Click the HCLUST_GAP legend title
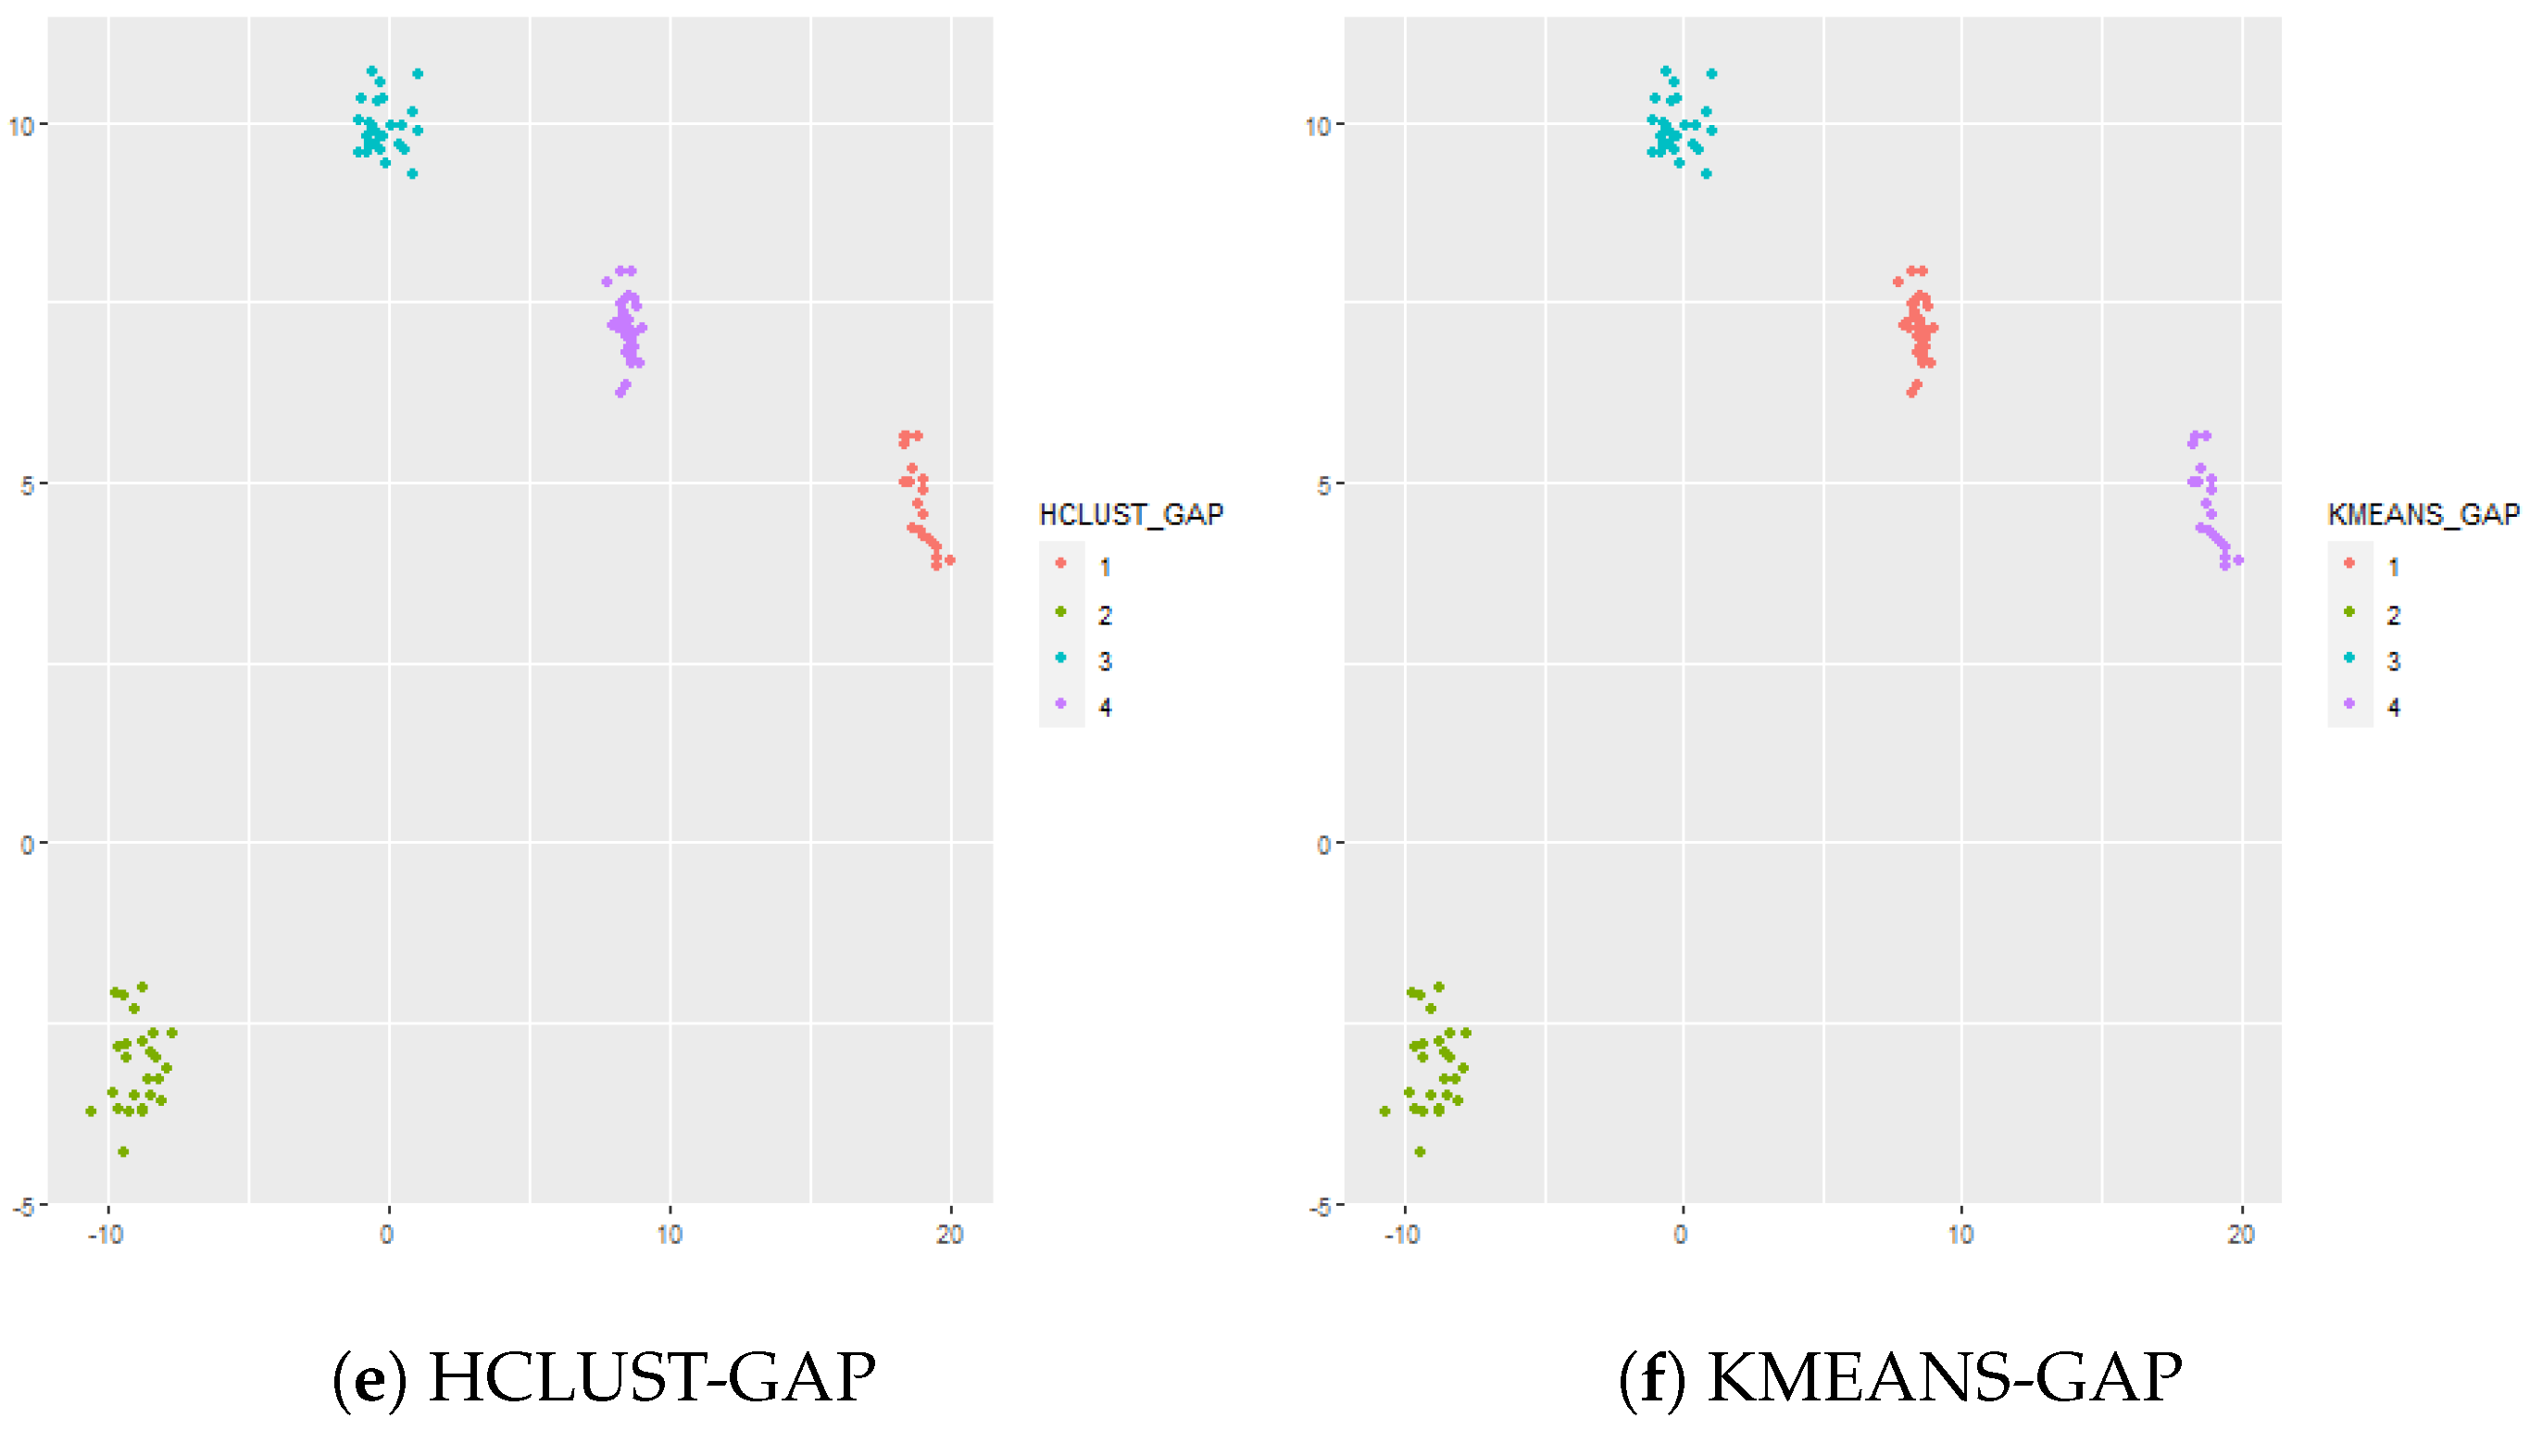coord(1131,514)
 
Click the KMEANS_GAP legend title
coord(2423,514)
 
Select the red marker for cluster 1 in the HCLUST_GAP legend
coord(1060,563)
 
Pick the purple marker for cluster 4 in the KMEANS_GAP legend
coord(2349,704)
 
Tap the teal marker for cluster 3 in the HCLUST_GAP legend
coord(1060,658)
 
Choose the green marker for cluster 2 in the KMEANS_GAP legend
coord(2349,611)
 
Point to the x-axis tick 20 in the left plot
coord(949,1235)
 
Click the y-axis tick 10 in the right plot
coord(1317,126)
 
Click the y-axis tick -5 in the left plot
coord(22,1207)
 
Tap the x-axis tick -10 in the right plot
coord(1402,1235)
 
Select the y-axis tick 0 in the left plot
coord(27,845)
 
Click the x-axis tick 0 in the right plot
coord(1681,1235)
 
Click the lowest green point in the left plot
coord(123,1152)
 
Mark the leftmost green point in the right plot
coord(1385,1111)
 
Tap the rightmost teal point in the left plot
coord(418,74)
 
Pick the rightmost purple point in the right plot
coord(2238,560)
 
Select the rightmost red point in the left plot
coord(949,560)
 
